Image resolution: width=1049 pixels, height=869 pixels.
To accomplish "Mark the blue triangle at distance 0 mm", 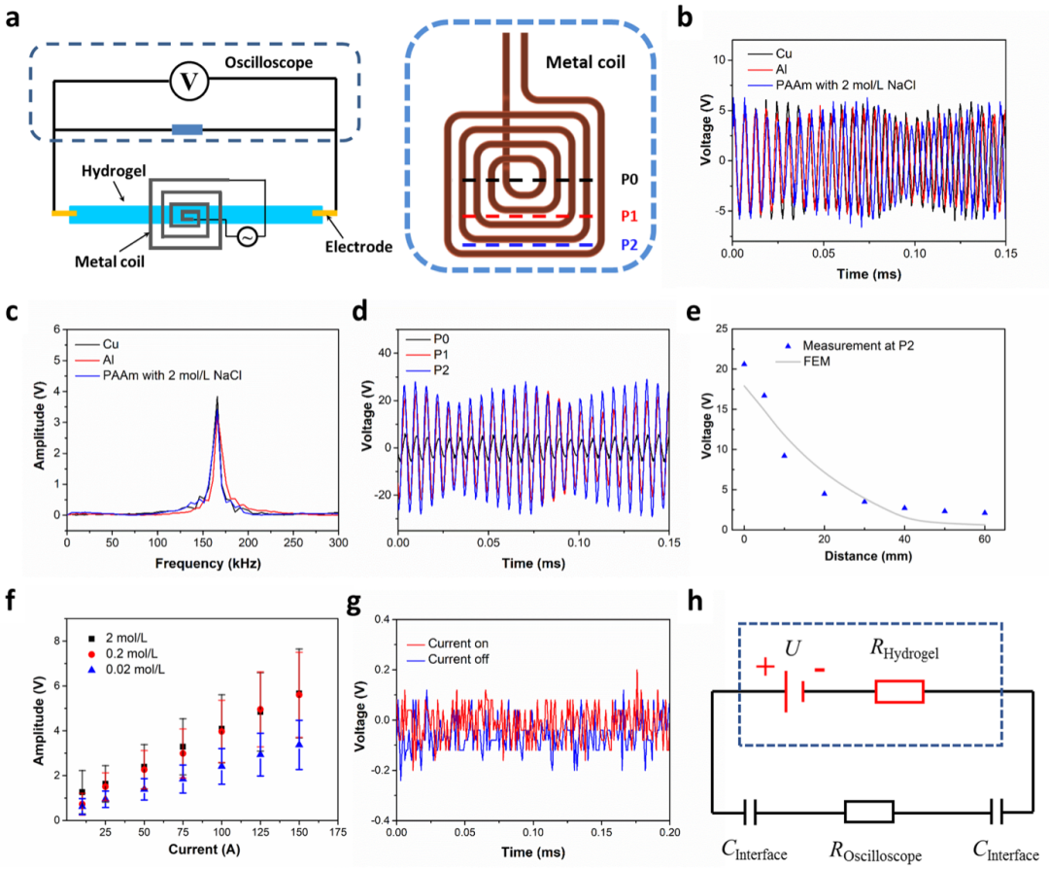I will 744,364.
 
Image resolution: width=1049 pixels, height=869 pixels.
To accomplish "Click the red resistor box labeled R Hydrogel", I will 898,691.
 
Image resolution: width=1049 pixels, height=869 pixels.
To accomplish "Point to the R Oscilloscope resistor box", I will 867,811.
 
